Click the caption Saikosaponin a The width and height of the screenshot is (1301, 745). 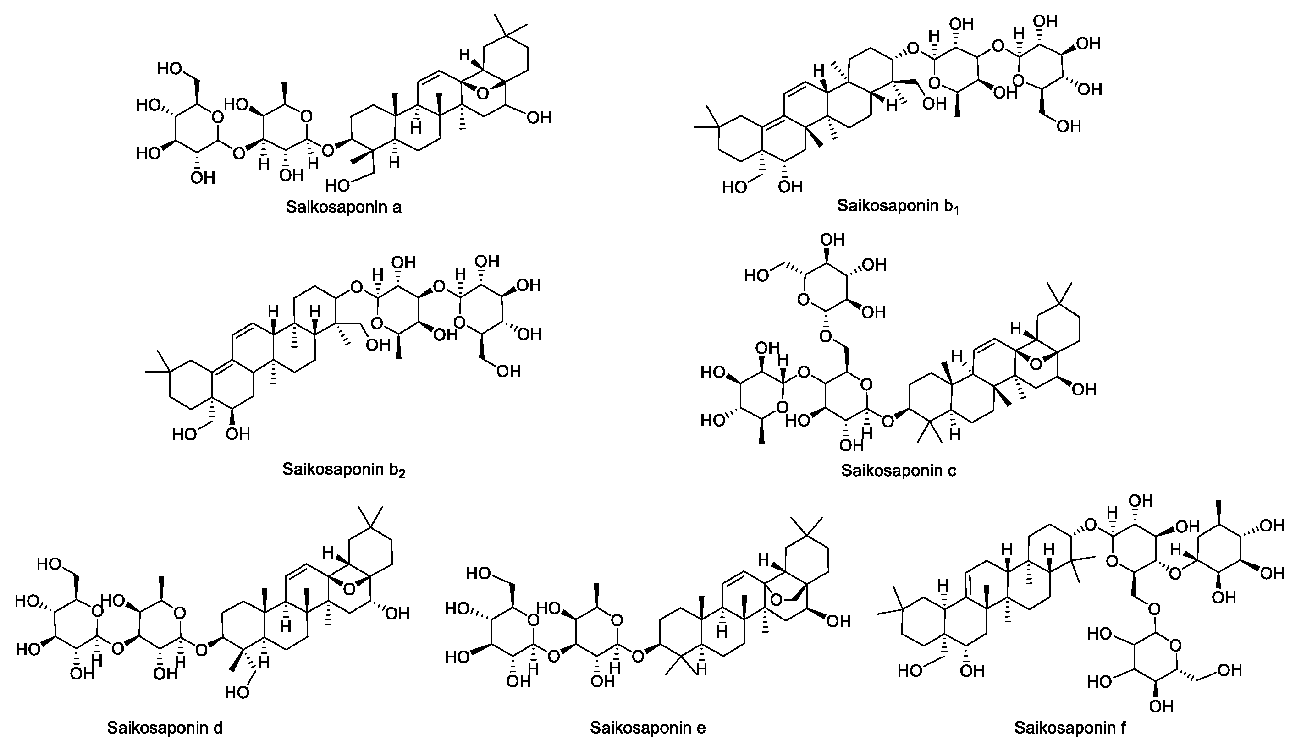pyautogui.click(x=343, y=207)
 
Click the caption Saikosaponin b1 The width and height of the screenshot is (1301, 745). pyautogui.click(x=897, y=206)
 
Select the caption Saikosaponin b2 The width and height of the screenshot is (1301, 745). pyautogui.click(x=343, y=469)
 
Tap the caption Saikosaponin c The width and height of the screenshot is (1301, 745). pyautogui.click(x=898, y=470)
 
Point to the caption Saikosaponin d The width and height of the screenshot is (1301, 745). pyautogui.click(x=164, y=728)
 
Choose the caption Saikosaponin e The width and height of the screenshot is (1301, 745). pyautogui.click(x=647, y=728)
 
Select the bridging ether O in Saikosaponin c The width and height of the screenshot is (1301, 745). pyautogui.click(x=1036, y=364)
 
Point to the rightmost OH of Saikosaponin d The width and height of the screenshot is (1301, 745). pyautogui.click(x=397, y=614)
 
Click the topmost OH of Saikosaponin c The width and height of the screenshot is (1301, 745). pyautogui.click(x=832, y=240)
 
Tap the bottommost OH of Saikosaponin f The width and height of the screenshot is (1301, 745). pyautogui.click(x=1161, y=707)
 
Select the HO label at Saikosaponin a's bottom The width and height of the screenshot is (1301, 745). pyautogui.click(x=338, y=185)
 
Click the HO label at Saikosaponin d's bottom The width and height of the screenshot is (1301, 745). pyautogui.click(x=237, y=693)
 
